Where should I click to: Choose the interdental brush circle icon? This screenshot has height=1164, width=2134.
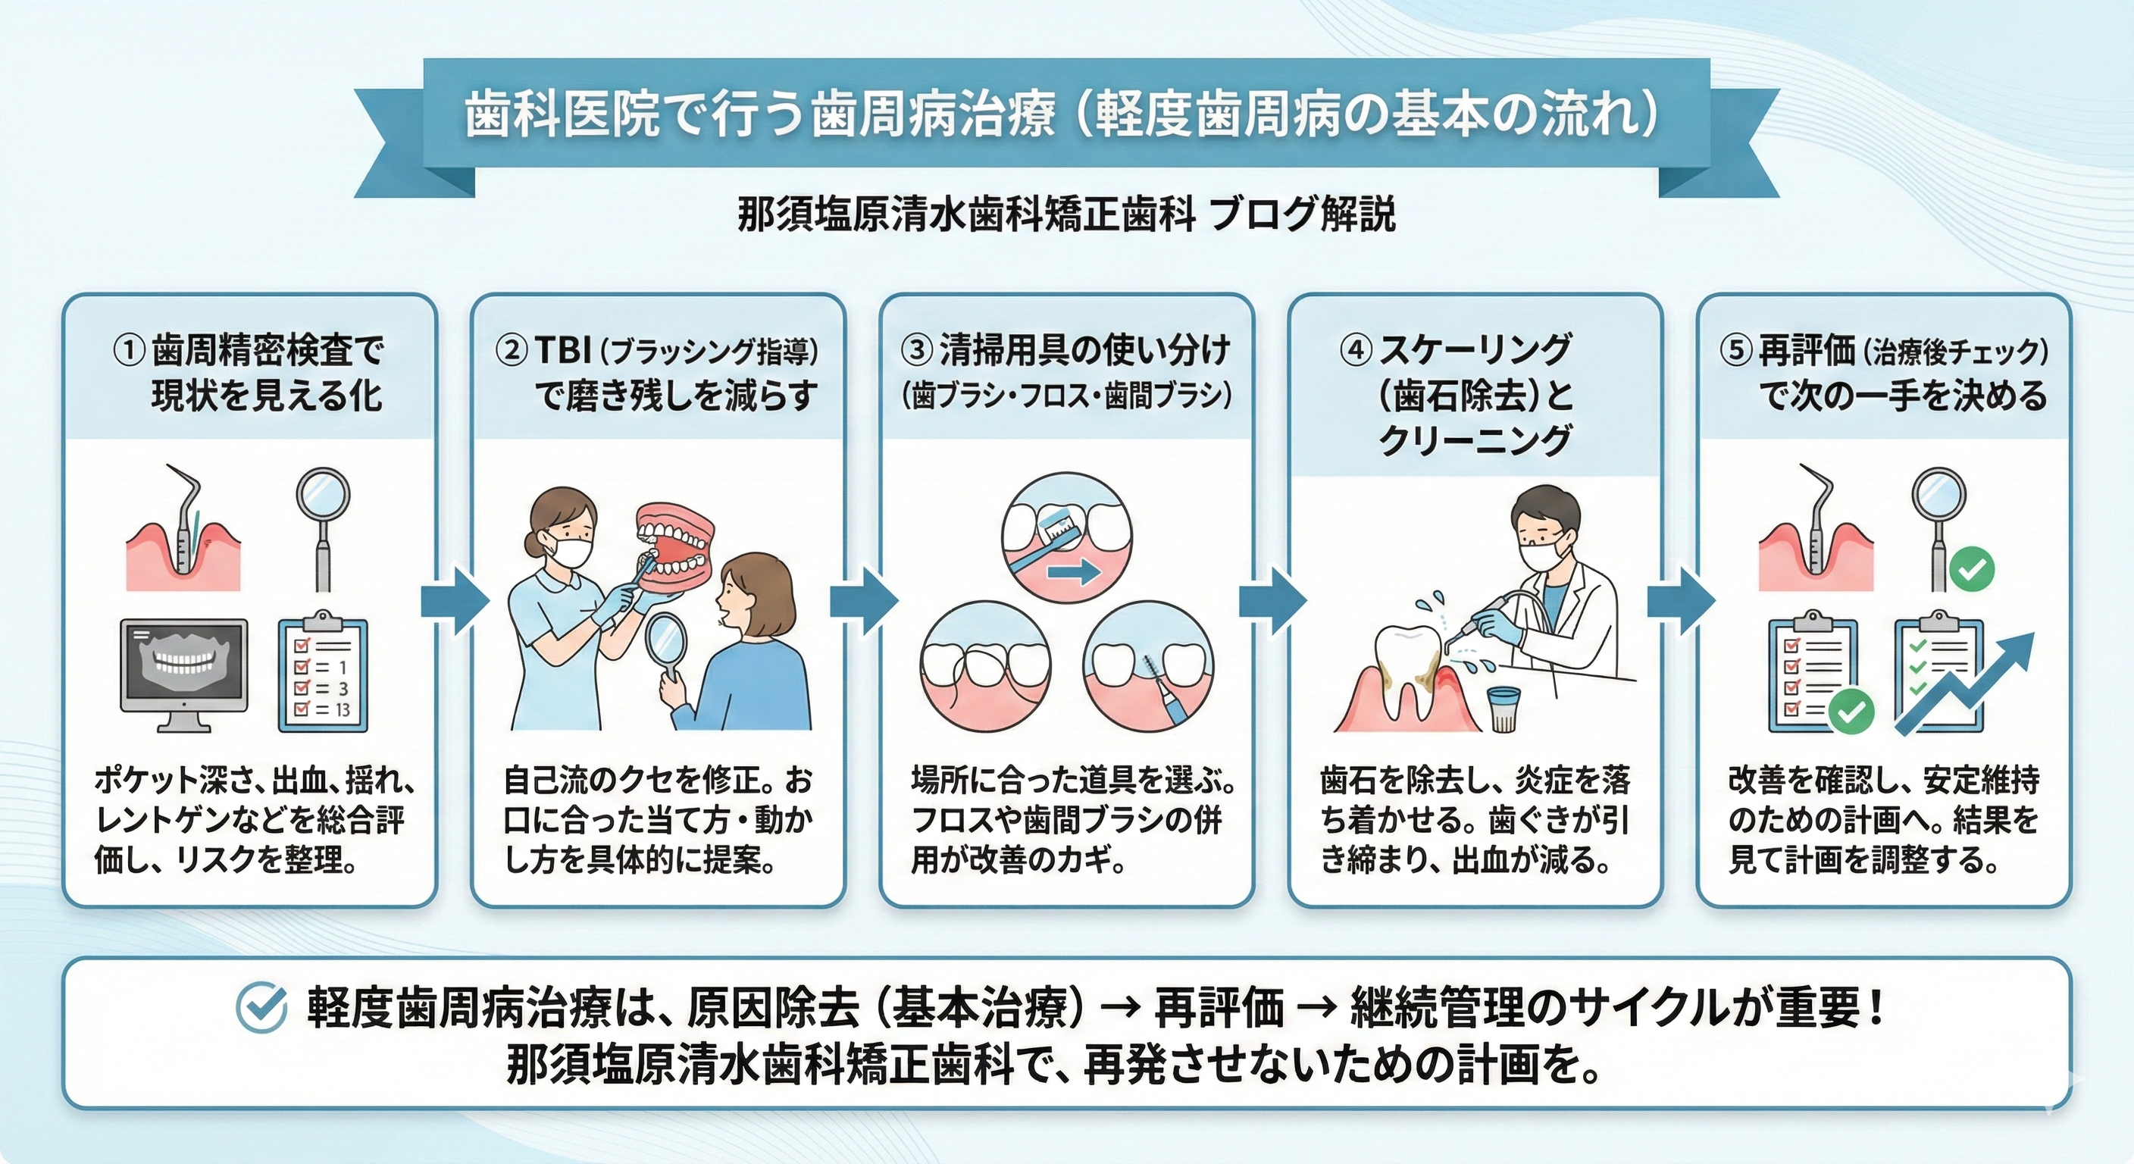[x=1148, y=666]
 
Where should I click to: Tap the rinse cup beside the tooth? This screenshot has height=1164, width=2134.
[x=1502, y=709]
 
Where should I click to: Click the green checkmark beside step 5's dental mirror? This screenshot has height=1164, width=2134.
[x=1972, y=569]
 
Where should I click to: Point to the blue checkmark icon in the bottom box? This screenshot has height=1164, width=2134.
[x=261, y=1007]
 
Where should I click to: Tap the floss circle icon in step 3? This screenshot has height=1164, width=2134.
[x=985, y=666]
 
